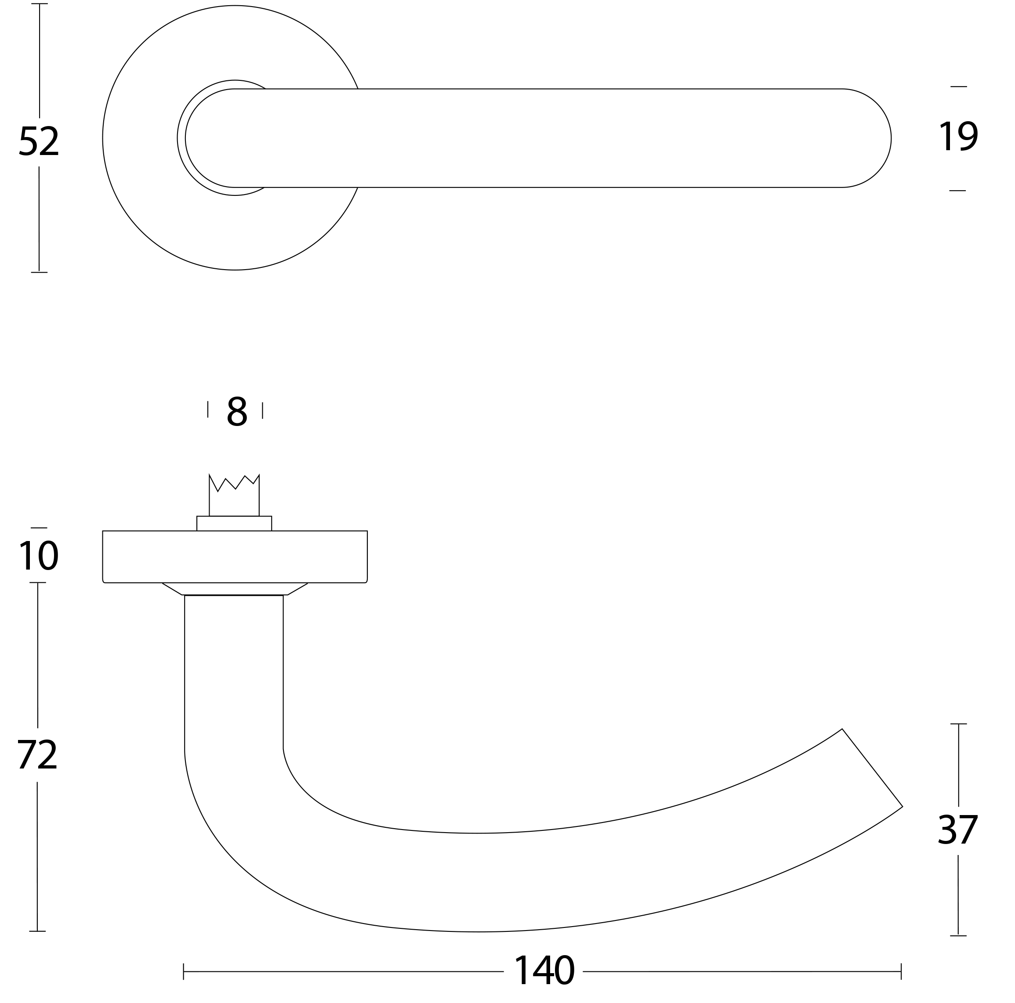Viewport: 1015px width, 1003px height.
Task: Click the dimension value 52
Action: coord(38,141)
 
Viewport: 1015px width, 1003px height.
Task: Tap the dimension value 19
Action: coord(958,137)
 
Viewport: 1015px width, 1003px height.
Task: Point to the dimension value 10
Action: coord(38,555)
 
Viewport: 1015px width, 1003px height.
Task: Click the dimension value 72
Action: coord(37,754)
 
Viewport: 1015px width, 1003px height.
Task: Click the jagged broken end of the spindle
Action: coord(234,482)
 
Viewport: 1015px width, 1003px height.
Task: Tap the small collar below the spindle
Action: coord(234,523)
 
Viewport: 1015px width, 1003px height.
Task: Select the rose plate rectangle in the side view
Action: coord(235,557)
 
